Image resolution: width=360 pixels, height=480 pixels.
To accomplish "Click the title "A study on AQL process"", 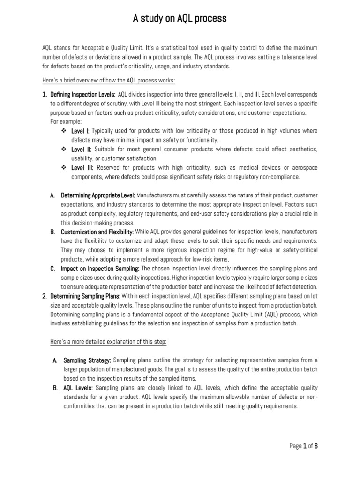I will [180, 18].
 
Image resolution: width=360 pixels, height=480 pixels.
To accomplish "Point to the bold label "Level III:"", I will [82, 167].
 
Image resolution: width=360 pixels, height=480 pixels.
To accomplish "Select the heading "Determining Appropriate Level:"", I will [98, 195].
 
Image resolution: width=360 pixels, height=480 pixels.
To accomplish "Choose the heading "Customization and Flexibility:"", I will [97, 232].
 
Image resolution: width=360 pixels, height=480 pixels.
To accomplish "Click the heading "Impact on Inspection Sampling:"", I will [100, 269].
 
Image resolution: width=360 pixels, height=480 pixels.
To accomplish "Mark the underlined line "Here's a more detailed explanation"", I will [108, 342].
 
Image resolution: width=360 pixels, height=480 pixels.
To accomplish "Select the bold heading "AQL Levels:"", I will [78, 388].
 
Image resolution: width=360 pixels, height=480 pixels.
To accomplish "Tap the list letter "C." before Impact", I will [53, 269].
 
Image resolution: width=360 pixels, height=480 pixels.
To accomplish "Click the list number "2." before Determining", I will [45, 296].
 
